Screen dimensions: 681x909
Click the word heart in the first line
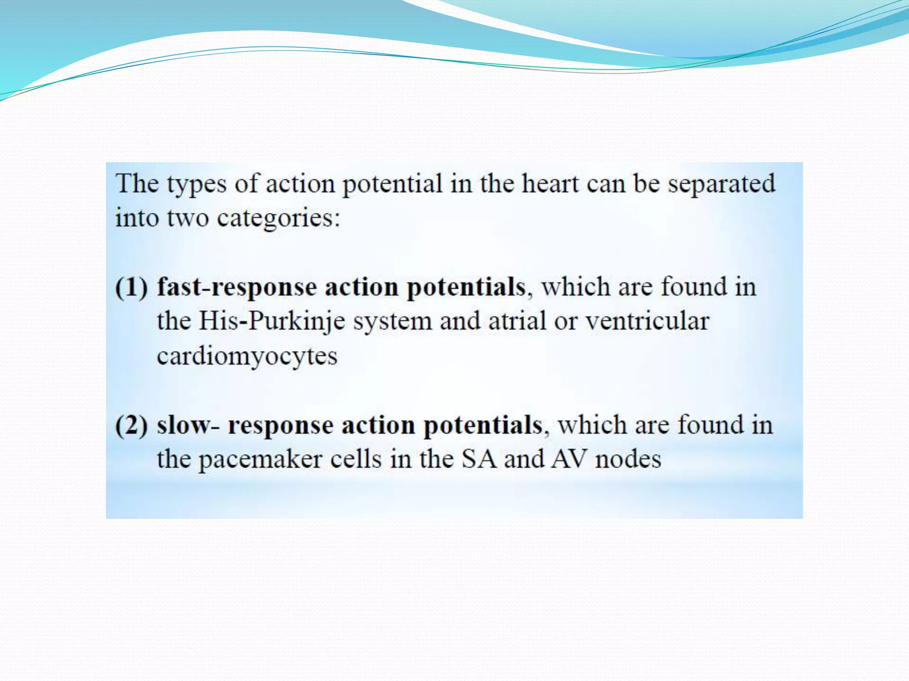click(x=550, y=184)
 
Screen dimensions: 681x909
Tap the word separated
click(x=722, y=184)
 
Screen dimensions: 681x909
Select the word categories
click(x=278, y=218)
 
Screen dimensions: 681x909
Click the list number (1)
click(x=131, y=287)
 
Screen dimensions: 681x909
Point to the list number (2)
click(x=131, y=426)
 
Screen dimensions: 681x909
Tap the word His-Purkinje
click(x=272, y=321)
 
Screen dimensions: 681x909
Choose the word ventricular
click(x=647, y=321)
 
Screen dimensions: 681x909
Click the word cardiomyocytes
click(x=247, y=356)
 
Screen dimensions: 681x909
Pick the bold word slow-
click(x=188, y=426)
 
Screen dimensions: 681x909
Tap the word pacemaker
click(x=260, y=459)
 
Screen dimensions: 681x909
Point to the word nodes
click(x=628, y=459)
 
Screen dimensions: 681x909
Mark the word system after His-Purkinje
click(x=392, y=321)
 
